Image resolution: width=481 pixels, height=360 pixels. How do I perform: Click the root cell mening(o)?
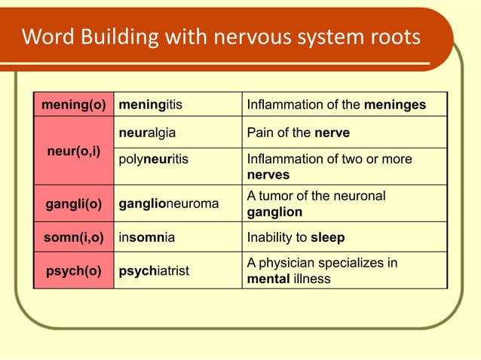[73, 105]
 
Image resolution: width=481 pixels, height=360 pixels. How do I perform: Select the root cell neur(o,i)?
[73, 151]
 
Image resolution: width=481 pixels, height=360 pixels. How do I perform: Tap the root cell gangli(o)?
[73, 204]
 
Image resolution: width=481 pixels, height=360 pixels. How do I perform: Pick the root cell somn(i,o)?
[73, 237]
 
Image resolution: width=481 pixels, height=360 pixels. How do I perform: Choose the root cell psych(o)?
[73, 271]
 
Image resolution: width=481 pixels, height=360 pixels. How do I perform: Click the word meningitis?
[151, 105]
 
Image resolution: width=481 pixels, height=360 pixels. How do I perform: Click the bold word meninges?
[394, 105]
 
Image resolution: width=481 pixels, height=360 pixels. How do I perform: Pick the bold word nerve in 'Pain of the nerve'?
[332, 133]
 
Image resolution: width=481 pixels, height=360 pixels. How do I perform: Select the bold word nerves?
[268, 175]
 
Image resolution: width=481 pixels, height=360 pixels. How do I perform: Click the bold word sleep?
[327, 237]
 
